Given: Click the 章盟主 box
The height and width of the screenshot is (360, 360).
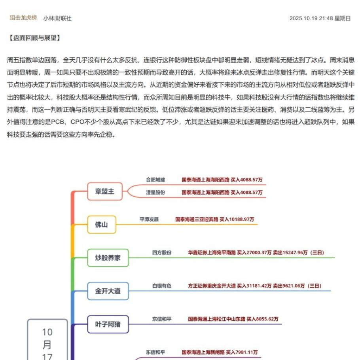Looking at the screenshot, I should click(x=105, y=191).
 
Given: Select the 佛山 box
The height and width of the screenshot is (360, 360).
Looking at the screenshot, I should click(x=101, y=225).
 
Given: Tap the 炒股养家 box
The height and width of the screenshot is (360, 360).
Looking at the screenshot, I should click(x=108, y=258).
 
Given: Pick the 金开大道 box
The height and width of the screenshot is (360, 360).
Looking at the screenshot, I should click(x=108, y=291).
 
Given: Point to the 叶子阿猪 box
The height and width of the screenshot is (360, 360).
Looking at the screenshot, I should click(x=108, y=325).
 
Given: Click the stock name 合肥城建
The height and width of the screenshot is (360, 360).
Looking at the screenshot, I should click(x=155, y=180).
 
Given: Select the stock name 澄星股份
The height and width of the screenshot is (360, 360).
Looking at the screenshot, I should click(x=155, y=192).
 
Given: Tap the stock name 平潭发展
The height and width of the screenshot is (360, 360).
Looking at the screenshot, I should click(x=149, y=219).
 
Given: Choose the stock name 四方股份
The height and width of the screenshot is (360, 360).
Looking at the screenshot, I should click(x=162, y=252).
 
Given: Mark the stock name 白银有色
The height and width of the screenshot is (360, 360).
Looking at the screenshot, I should click(x=162, y=285).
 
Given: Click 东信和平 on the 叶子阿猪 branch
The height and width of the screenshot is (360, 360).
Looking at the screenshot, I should click(x=162, y=318).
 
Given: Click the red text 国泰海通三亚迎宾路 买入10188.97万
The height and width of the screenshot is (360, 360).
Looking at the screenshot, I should click(x=215, y=219).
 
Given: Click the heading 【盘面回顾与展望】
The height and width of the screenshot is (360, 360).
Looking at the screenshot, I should click(x=34, y=38).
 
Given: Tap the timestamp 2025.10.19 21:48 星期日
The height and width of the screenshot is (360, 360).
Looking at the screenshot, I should click(x=320, y=18).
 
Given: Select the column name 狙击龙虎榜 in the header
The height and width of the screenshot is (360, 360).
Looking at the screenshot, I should click(x=23, y=18).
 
